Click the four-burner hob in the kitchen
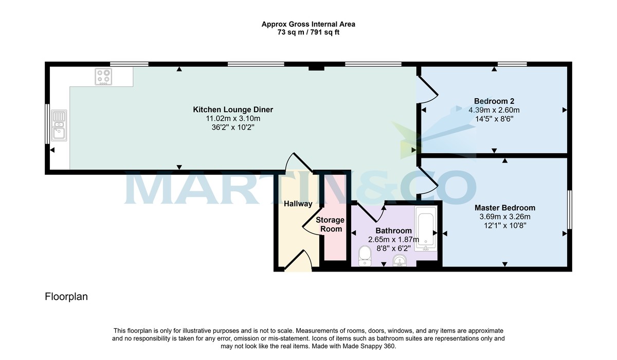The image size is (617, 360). coord(103,77)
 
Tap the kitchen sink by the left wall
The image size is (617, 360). coord(59,125)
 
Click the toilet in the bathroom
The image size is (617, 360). coord(365,255)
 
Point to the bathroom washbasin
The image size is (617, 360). coord(400,261)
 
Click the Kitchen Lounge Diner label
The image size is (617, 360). coord(232,110)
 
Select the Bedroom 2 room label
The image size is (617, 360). coord(494,101)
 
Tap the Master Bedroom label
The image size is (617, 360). coord(504,208)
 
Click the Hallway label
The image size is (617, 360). coord(298,204)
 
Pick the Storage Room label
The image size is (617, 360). coord(330,224)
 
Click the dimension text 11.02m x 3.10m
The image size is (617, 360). coord(232,118)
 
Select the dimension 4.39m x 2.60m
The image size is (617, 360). coord(494,110)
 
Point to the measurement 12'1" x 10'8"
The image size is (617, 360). coord(504,225)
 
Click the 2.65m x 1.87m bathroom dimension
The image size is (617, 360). coord(393,240)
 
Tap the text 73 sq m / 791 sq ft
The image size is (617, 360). coord(308,32)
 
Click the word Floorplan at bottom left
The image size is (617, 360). coord(66,297)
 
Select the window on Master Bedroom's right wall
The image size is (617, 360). coord(569,209)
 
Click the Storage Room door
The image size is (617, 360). coord(312,224)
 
